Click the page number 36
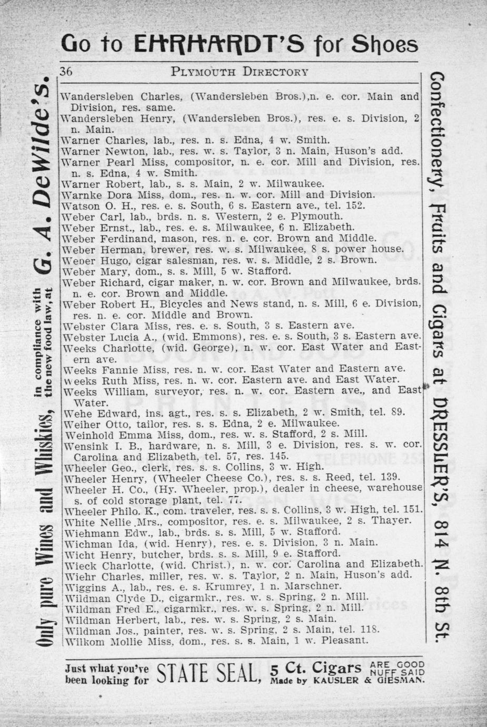66,72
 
